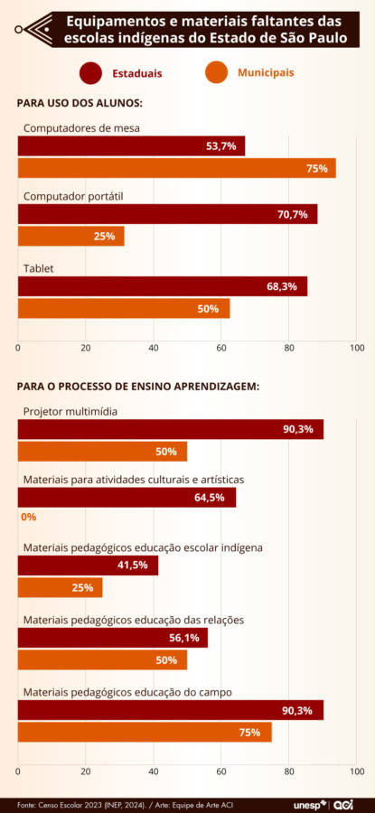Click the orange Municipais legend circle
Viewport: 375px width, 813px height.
pos(216,71)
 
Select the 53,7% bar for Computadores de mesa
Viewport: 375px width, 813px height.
pos(131,145)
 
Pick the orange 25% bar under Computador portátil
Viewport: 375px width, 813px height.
pos(70,237)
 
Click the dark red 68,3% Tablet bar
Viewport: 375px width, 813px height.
pos(163,286)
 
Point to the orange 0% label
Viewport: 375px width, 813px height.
pos(28,517)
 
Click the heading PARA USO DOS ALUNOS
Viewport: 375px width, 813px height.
pos(80,104)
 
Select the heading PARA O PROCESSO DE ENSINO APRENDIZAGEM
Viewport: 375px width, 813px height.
pos(138,386)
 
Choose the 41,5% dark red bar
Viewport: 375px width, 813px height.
pos(88,565)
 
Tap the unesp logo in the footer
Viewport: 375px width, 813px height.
pos(309,803)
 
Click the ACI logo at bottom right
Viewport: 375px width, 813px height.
pos(344,803)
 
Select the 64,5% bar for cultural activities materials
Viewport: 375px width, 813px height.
pos(127,497)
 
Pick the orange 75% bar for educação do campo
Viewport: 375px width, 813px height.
pos(145,733)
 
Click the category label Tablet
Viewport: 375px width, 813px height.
pos(39,268)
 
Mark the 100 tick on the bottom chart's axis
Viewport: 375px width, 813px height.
pos(356,772)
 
